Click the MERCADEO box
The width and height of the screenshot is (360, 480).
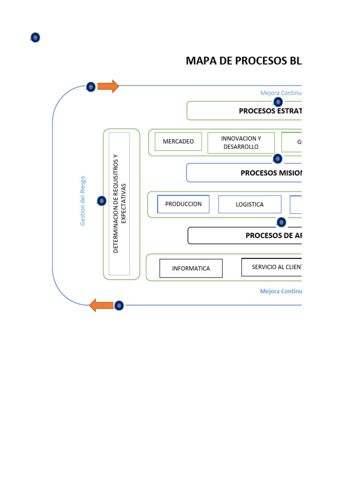click(x=178, y=142)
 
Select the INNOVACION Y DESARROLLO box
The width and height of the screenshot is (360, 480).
click(x=241, y=142)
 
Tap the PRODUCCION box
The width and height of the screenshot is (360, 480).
click(x=183, y=204)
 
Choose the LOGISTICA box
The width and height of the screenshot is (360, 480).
click(x=249, y=204)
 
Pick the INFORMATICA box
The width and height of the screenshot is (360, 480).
click(x=191, y=269)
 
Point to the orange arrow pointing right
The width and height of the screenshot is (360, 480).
click(x=108, y=86)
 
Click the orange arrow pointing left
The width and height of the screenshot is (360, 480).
click(x=101, y=305)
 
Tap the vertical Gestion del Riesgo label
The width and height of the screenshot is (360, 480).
click(x=83, y=201)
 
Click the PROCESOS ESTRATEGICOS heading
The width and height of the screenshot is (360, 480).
click(x=270, y=111)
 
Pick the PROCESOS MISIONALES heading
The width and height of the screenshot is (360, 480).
click(x=271, y=173)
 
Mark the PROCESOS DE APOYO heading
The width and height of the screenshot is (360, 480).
click(x=273, y=235)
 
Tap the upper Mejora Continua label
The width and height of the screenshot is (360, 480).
click(x=281, y=93)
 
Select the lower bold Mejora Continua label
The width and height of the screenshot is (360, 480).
click(x=281, y=291)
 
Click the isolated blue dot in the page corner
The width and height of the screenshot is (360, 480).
click(x=35, y=37)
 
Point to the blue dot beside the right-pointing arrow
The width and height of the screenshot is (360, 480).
click(x=91, y=87)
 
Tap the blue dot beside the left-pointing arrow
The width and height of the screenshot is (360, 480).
click(x=119, y=306)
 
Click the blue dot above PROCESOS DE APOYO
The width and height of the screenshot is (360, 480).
click(x=281, y=222)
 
